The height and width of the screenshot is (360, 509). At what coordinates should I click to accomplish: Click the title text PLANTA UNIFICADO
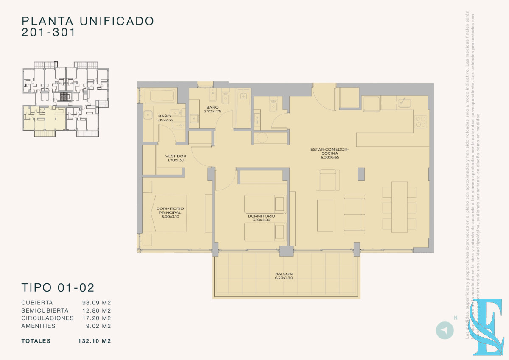87,20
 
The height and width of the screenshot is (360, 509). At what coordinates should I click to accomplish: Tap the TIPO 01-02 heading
58,287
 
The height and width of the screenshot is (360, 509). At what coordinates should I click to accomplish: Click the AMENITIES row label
38,326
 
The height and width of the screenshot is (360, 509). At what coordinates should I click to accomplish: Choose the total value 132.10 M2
94,341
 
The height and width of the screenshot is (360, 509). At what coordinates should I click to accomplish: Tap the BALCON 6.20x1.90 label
284,276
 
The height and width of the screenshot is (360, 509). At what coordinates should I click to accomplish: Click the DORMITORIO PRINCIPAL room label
170,212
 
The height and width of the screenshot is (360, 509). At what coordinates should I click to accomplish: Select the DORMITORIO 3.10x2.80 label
261,218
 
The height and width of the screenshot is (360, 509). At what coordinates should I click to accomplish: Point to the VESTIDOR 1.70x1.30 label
176,158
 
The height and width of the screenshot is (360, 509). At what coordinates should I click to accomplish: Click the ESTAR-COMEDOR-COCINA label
329,153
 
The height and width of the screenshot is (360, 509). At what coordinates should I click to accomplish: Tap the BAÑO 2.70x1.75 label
212,109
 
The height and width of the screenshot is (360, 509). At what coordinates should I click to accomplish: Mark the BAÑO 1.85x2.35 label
164,118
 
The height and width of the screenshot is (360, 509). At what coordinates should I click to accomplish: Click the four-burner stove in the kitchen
420,122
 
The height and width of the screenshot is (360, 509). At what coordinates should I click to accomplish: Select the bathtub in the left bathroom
159,95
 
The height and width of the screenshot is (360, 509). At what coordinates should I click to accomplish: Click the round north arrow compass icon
445,330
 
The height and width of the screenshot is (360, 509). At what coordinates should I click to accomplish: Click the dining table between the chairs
399,207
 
